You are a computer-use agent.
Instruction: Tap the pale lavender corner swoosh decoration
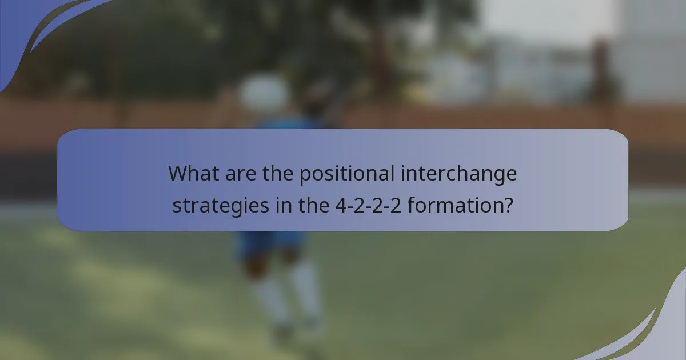pos(657,331)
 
